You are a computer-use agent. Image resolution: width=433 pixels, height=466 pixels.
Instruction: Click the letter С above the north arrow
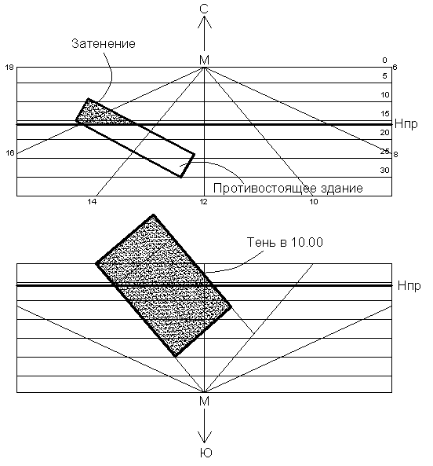204,9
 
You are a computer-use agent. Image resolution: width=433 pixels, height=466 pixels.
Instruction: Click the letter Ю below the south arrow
206,453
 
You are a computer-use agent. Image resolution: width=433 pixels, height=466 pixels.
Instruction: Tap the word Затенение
104,43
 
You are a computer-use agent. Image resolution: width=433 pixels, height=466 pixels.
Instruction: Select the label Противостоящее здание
288,189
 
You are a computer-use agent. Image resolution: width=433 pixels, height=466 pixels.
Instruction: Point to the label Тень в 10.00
285,242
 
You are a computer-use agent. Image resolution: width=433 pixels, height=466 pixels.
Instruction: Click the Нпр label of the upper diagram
406,124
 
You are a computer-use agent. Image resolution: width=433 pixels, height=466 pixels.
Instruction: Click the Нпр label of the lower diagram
409,286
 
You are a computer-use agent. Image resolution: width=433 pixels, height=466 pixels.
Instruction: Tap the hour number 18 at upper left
9,68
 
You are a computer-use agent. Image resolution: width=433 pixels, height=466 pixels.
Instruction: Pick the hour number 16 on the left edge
10,153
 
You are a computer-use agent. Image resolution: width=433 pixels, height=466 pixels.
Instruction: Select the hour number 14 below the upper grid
92,202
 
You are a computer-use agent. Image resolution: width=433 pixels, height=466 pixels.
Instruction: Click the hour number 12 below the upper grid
203,202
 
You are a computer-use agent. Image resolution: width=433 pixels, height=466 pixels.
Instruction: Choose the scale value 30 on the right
384,171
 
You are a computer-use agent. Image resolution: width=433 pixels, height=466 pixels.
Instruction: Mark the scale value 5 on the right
384,75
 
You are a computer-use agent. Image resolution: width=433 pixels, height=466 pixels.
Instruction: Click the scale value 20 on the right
384,133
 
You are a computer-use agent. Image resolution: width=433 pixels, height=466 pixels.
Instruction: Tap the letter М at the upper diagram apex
204,61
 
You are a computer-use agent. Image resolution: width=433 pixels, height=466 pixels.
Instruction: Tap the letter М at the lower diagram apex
204,402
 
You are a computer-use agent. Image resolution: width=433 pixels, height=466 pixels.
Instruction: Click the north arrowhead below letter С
204,22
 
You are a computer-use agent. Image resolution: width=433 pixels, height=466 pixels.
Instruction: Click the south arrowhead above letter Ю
204,437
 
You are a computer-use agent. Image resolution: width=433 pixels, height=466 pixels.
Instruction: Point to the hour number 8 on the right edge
395,155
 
